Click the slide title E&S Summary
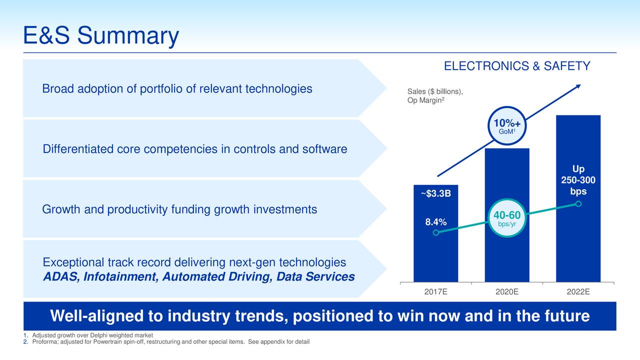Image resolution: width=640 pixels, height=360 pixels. pyautogui.click(x=101, y=36)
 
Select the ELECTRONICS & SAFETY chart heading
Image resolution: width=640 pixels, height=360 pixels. pyautogui.click(x=517, y=66)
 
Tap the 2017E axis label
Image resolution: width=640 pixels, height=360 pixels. pyautogui.click(x=435, y=292)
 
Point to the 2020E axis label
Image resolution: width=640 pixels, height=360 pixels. pyautogui.click(x=507, y=292)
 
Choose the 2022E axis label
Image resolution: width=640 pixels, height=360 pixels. pyautogui.click(x=578, y=292)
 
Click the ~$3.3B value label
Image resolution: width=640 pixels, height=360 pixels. pyautogui.click(x=435, y=193)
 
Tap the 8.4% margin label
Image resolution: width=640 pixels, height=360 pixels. pyautogui.click(x=435, y=222)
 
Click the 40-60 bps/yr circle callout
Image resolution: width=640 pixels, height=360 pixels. pyautogui.click(x=507, y=218)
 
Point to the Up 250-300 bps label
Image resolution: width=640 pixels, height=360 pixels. pyautogui.click(x=578, y=180)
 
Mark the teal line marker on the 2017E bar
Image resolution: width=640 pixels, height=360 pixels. pyautogui.click(x=436, y=232)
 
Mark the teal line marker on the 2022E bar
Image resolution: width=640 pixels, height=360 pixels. pyautogui.click(x=578, y=203)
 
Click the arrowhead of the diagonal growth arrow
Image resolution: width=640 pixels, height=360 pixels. pyautogui.click(x=578, y=86)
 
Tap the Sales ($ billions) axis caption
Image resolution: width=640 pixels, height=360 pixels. pyautogui.click(x=435, y=91)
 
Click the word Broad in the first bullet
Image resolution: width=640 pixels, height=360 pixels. pyautogui.click(x=57, y=89)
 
